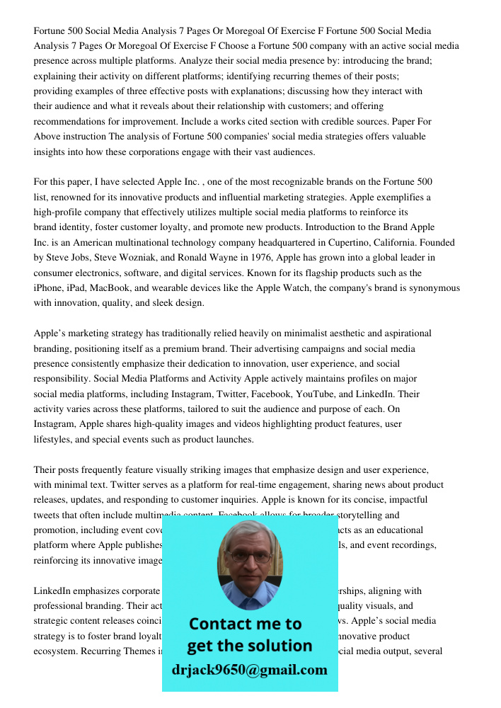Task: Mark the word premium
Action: (x=200, y=348)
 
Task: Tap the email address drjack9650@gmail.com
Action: (x=249, y=670)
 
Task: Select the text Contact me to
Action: (x=245, y=624)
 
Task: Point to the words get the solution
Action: (x=249, y=646)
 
